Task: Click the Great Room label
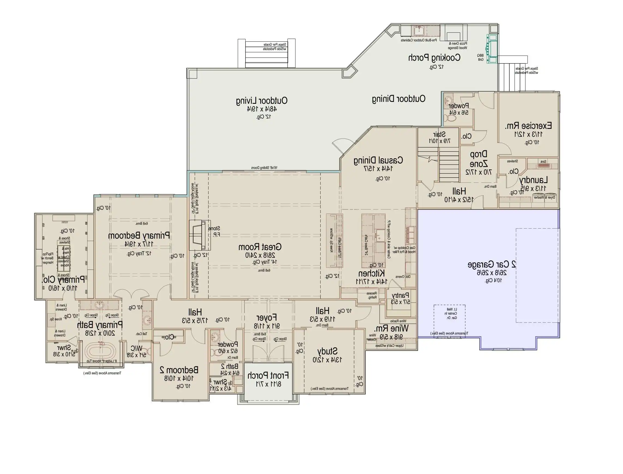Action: [x=260, y=247]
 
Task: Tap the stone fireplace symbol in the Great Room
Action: [x=199, y=235]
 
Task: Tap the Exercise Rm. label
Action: [x=528, y=126]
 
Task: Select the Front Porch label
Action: [x=268, y=376]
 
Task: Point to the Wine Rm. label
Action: [x=391, y=329]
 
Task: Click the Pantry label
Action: [x=400, y=295]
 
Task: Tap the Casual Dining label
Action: [x=378, y=160]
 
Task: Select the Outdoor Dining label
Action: [x=398, y=99]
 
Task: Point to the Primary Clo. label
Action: [x=63, y=280]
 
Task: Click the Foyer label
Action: [x=266, y=318]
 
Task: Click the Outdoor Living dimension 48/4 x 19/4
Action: [x=262, y=109]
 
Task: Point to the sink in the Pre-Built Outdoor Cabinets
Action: [x=419, y=30]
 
